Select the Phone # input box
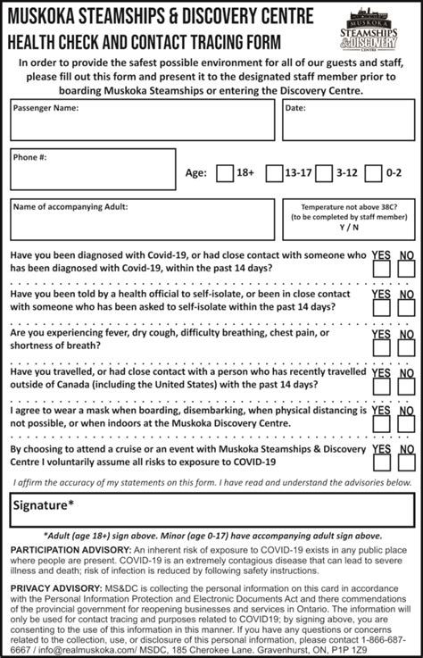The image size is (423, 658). (x=93, y=169)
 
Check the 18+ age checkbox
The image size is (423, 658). (x=225, y=173)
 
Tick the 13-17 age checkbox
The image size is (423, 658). (x=274, y=173)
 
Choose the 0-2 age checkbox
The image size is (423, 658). (x=373, y=173)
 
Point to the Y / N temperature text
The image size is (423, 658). (x=344, y=227)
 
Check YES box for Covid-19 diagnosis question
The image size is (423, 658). (x=381, y=271)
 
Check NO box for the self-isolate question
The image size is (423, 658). (x=406, y=311)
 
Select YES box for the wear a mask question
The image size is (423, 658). (x=381, y=427)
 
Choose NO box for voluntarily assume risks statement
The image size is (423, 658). (x=406, y=464)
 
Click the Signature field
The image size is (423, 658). (x=211, y=506)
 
